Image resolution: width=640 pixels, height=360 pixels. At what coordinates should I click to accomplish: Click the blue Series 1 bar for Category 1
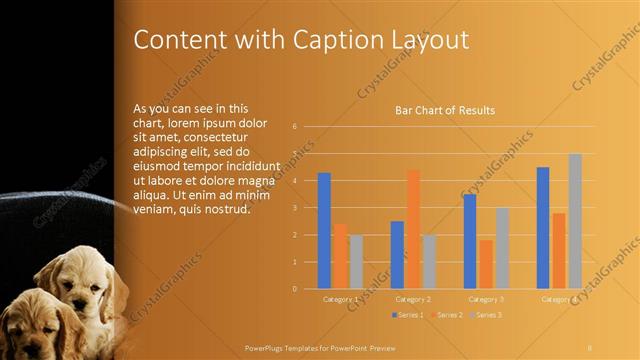324,230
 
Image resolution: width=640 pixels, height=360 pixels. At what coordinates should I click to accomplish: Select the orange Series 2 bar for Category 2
413,229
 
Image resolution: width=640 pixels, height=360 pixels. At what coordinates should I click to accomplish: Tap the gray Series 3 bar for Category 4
575,221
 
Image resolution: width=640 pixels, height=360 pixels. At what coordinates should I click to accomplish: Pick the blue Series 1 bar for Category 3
470,241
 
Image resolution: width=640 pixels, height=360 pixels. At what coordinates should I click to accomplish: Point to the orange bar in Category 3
486,264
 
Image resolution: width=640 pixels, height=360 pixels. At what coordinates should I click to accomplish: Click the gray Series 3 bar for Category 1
356,261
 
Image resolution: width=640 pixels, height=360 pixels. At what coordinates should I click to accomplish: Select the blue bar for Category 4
543,228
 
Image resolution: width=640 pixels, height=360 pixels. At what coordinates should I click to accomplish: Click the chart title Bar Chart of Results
445,110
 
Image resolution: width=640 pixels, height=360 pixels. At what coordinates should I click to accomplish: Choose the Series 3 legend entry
487,315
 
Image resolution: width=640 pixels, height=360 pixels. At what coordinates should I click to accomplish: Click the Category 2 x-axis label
413,299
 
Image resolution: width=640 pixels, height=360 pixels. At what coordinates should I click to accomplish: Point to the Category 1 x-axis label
340,299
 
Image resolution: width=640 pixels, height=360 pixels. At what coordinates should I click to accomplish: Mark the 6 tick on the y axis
294,127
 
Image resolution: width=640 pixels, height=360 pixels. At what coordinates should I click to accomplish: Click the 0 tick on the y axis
294,289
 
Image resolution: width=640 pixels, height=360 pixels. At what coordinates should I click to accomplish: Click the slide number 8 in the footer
590,346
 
